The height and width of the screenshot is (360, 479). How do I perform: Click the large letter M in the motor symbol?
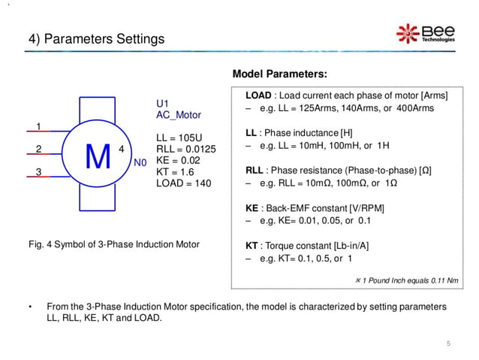(x=98, y=156)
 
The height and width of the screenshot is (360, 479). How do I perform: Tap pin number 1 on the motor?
(x=38, y=126)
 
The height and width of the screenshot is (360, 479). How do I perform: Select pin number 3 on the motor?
(x=38, y=172)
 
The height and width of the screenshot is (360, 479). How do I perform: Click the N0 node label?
(x=140, y=162)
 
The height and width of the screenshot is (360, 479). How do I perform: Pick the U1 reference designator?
(x=162, y=104)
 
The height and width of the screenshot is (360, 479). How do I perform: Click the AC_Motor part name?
(x=179, y=115)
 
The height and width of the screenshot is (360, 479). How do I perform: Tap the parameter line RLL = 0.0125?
(x=185, y=150)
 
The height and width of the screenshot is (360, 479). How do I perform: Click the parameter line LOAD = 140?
(x=184, y=183)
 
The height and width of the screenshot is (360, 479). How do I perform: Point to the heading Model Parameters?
(x=279, y=74)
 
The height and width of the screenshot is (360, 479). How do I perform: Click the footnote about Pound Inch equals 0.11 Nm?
(x=405, y=280)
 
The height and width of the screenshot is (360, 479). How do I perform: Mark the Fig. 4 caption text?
(x=112, y=244)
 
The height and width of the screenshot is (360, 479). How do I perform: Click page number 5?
(x=448, y=343)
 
